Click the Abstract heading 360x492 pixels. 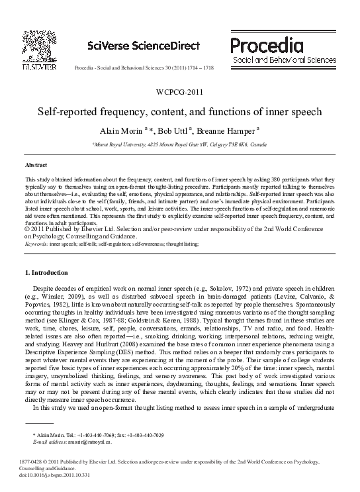36,164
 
